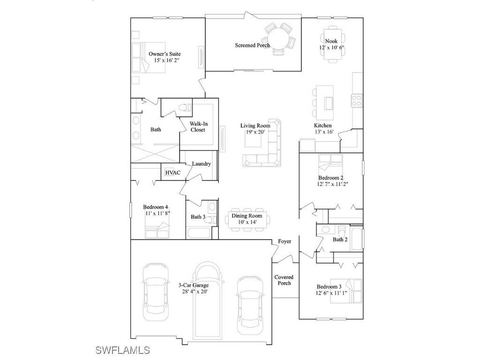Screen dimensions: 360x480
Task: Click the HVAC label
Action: (172, 173)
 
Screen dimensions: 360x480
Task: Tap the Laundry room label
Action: (202, 164)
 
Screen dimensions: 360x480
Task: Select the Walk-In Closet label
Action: (198, 127)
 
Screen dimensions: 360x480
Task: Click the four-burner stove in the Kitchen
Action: (357, 99)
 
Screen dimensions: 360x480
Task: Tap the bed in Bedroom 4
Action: (157, 232)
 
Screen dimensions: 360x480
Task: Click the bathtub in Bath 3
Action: (199, 232)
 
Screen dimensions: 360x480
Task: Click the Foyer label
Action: (285, 241)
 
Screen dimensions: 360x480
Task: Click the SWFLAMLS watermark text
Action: (122, 350)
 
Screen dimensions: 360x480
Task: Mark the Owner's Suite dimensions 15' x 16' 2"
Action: (165, 60)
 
